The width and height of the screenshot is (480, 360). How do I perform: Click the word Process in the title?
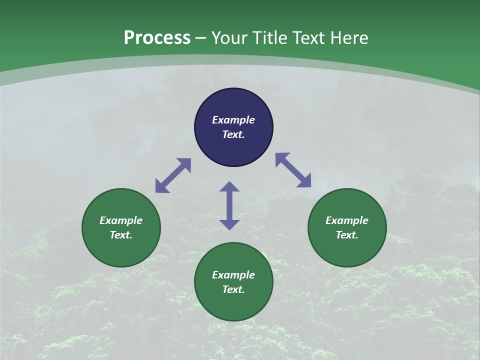(157, 38)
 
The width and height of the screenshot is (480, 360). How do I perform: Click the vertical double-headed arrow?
(229, 205)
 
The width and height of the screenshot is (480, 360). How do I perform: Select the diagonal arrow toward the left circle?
(173, 175)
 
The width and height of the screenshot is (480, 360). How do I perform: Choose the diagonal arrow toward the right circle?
(293, 170)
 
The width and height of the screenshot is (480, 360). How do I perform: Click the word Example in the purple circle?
(233, 120)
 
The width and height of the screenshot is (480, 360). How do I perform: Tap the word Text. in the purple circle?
(233, 134)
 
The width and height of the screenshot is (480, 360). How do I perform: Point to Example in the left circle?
(121, 220)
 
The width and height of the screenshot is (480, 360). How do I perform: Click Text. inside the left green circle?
(121, 235)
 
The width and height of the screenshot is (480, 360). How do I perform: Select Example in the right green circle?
(347, 220)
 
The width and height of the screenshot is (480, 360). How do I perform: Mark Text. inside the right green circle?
(347, 235)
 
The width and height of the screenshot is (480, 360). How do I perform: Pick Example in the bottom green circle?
(233, 275)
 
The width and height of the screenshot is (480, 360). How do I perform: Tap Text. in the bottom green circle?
(233, 289)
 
